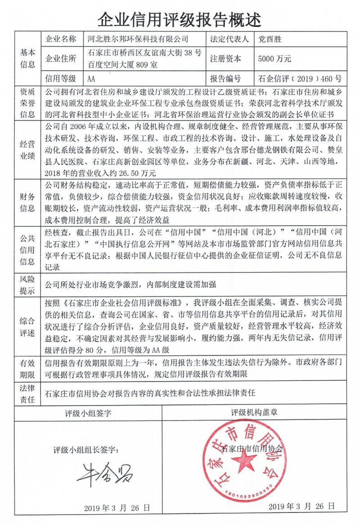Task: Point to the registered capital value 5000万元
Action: coord(275,59)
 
